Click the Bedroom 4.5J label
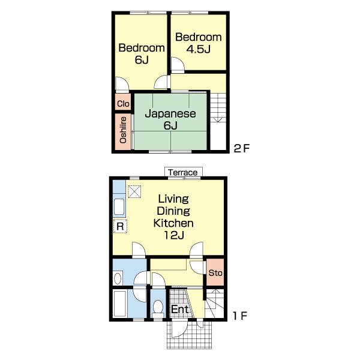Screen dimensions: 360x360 click(x=199, y=43)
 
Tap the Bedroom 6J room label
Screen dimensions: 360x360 click(x=142, y=54)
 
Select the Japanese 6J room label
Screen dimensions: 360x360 click(x=170, y=119)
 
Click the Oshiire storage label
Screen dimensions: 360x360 click(x=123, y=130)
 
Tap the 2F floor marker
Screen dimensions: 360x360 click(x=241, y=149)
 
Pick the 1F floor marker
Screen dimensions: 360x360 click(x=240, y=316)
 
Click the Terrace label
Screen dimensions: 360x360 click(x=183, y=172)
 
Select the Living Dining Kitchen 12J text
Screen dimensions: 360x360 click(x=173, y=217)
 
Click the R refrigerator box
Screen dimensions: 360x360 click(x=120, y=226)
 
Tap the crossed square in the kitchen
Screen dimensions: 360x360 click(x=134, y=191)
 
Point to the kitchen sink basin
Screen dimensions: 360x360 click(x=119, y=206)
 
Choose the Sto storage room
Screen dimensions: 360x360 click(x=215, y=272)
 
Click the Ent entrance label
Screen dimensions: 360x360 click(x=180, y=309)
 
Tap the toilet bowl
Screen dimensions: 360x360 click(x=158, y=307)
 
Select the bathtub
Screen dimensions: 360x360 click(x=119, y=304)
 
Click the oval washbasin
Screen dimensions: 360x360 click(x=118, y=278)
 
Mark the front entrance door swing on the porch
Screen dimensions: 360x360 click(x=180, y=329)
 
